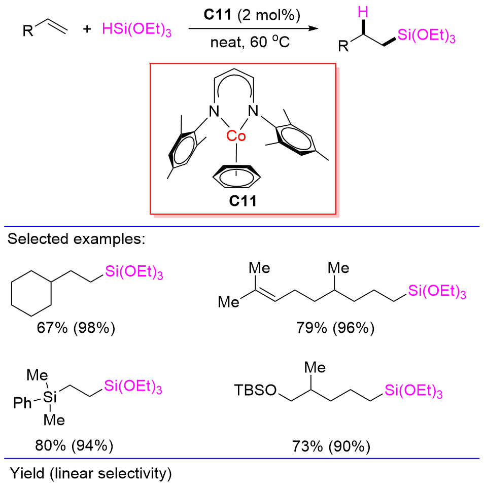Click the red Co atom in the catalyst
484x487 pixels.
click(237, 135)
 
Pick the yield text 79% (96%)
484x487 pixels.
click(335, 328)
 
